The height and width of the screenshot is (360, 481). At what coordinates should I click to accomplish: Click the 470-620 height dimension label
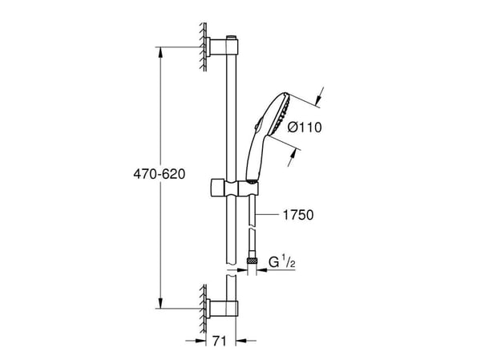tap(160, 174)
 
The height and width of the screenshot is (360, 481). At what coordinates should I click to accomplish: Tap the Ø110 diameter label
tap(305, 127)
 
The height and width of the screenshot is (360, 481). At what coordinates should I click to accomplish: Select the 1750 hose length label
tap(298, 215)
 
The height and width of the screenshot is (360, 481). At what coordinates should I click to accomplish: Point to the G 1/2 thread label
tap(282, 262)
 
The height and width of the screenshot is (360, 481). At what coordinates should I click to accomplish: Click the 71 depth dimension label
tap(220, 341)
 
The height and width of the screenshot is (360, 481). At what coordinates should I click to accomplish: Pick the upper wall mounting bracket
tap(222, 47)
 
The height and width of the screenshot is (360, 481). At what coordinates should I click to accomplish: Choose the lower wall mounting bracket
tap(221, 308)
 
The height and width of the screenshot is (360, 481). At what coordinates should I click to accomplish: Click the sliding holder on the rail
tap(235, 188)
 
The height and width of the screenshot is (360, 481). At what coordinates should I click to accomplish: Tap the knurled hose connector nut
tap(252, 261)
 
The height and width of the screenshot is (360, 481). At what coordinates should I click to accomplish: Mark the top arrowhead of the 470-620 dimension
tap(160, 52)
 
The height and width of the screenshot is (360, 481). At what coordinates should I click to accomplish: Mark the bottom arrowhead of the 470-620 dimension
tap(160, 303)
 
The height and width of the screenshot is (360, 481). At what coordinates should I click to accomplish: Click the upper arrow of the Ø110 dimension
tap(320, 95)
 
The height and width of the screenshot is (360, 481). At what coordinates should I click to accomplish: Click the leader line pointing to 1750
tap(267, 215)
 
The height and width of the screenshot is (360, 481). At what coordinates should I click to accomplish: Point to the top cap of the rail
tap(232, 38)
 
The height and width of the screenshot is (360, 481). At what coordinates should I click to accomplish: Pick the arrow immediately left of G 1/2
tap(262, 270)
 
